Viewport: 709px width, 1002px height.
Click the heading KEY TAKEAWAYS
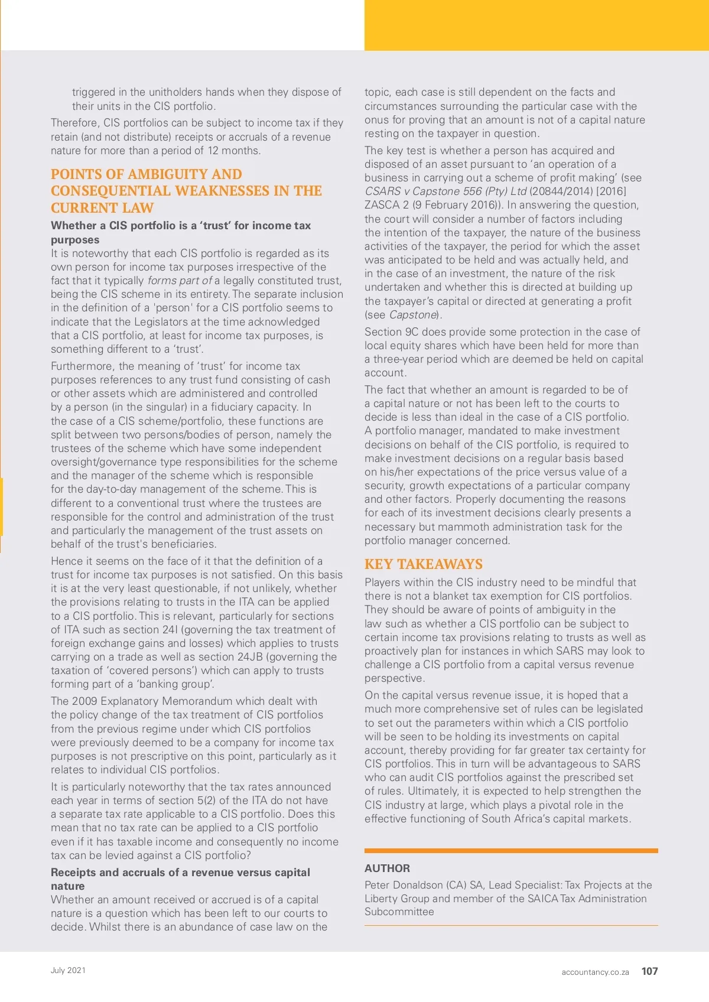pyautogui.click(x=423, y=564)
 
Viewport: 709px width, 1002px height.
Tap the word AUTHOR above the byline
pyautogui.click(x=387, y=868)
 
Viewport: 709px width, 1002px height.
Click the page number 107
pyautogui.click(x=649, y=971)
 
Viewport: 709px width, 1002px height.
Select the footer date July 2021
pyautogui.click(x=68, y=970)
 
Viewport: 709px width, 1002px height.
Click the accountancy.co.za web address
pyautogui.click(x=595, y=972)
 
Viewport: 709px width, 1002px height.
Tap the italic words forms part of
pyautogui.click(x=180, y=281)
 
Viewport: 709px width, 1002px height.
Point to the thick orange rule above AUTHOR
pyautogui.click(x=511, y=851)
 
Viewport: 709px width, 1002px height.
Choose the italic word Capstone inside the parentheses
pyautogui.click(x=413, y=315)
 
